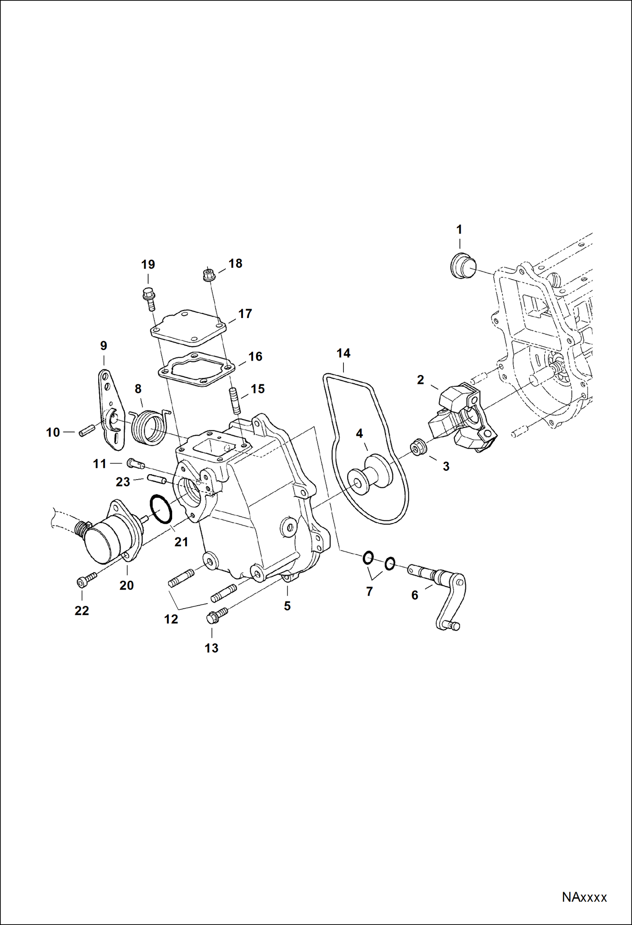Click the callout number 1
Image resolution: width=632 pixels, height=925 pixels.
tap(459, 230)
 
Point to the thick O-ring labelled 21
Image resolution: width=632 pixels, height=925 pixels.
tap(161, 509)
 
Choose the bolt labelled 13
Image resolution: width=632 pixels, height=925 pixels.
tap(216, 616)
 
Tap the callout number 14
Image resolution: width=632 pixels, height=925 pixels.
tap(343, 353)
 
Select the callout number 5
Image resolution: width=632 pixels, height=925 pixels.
tap(287, 606)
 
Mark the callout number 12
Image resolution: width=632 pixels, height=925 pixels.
tap(171, 619)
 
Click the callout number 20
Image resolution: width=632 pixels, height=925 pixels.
tap(126, 585)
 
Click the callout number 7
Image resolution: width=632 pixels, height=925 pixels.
tap(369, 592)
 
